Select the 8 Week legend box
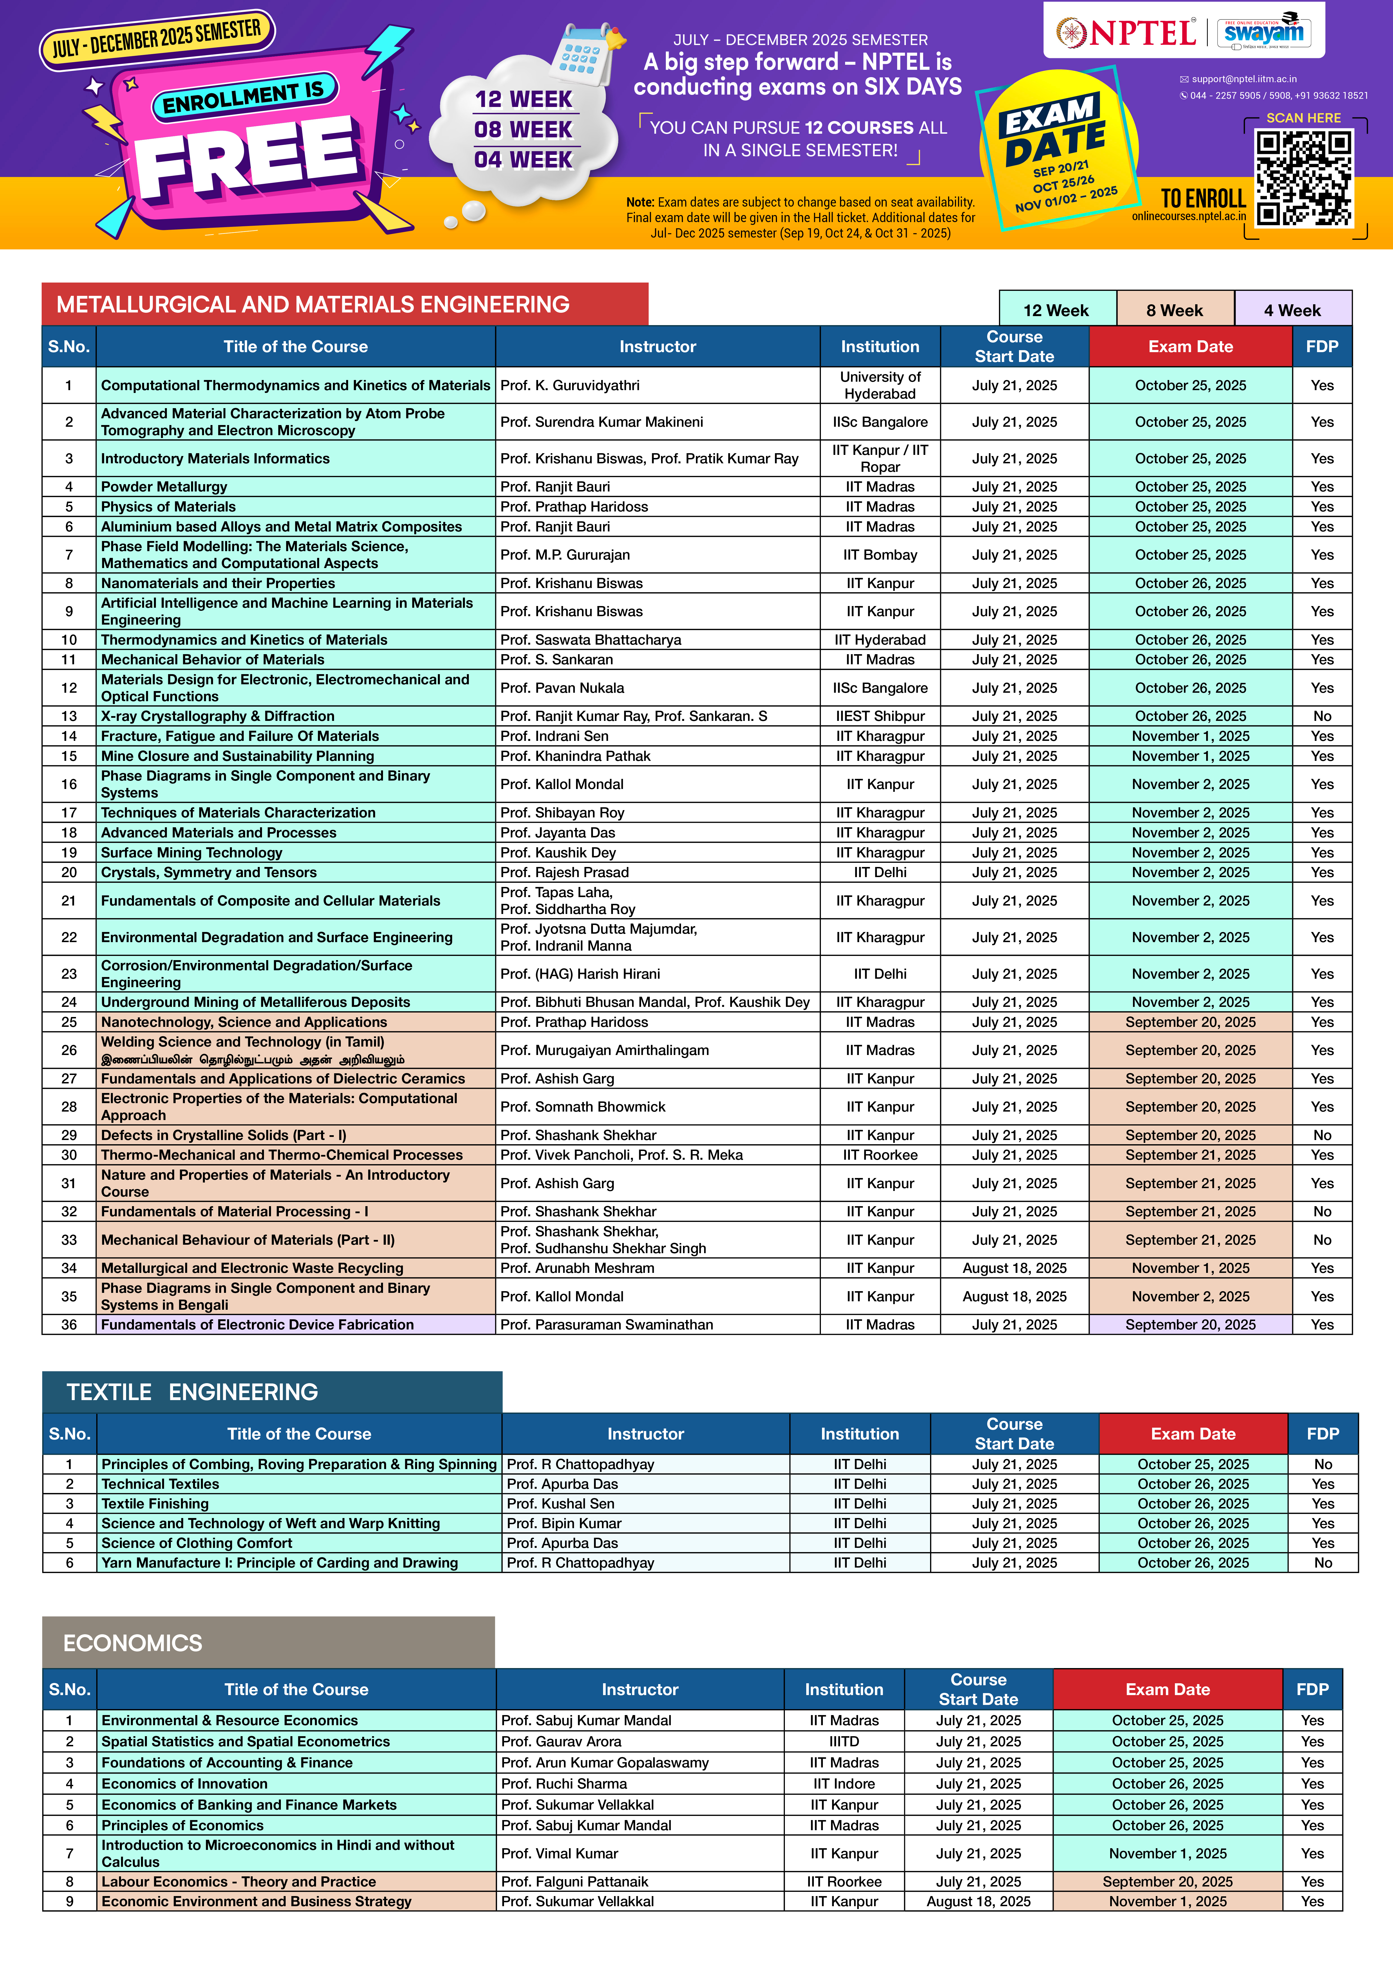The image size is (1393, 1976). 1174,310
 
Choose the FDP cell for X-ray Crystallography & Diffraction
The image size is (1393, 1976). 1322,716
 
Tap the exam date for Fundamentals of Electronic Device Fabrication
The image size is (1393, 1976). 1190,1324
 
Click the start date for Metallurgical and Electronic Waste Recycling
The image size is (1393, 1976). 1014,1268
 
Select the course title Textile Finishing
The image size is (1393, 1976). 155,1503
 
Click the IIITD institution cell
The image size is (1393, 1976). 843,1741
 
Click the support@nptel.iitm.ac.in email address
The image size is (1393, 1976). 1243,79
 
